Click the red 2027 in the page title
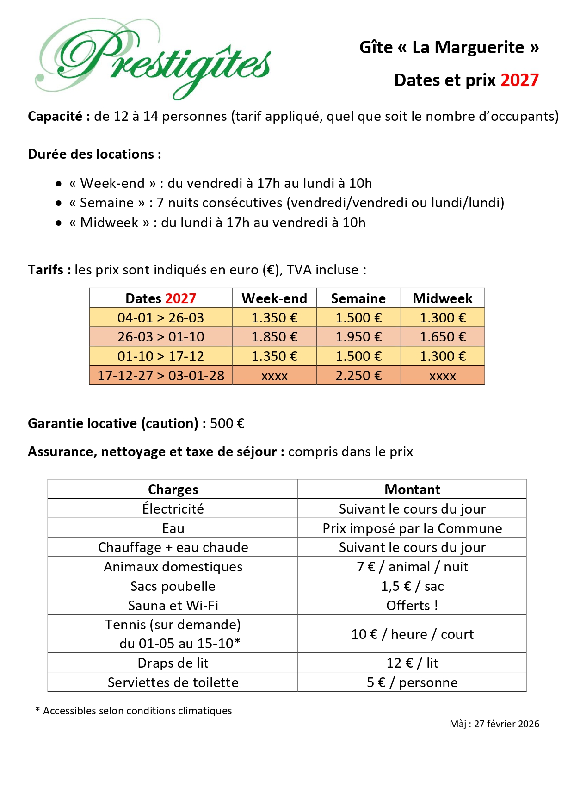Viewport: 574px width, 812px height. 519,81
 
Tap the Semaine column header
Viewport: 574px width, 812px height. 358,298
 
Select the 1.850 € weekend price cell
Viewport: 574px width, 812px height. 274,337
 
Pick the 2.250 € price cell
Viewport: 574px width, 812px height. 358,376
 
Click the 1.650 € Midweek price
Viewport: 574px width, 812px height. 442,337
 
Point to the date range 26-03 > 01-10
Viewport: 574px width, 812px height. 160,337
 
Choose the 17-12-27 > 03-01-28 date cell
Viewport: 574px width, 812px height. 160,376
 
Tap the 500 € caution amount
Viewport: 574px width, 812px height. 227,423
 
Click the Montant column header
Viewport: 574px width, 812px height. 412,490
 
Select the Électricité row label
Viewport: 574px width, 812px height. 173,509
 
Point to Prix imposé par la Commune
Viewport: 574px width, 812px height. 412,528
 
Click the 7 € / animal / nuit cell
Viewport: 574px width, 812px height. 412,567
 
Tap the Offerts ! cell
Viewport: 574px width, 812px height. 412,606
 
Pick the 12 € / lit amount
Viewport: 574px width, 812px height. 412,663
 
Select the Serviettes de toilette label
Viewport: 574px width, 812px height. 173,682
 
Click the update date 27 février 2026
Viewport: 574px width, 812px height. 506,724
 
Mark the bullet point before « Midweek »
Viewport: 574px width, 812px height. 59,223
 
